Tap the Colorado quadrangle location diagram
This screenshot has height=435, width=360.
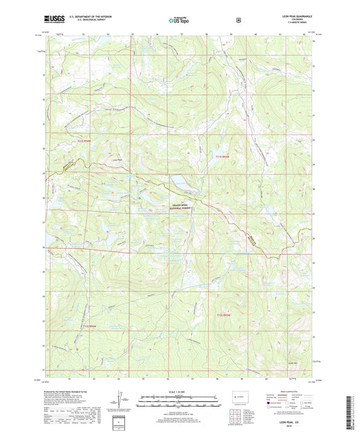(238, 396)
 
